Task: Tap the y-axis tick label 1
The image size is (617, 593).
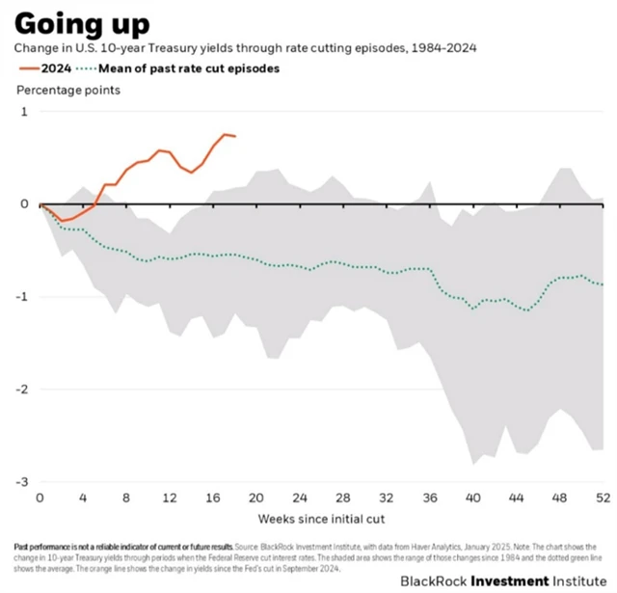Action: tap(24, 112)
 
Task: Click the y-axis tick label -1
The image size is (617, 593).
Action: tap(21, 296)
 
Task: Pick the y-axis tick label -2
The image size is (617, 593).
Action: tap(21, 389)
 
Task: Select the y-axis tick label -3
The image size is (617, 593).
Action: tap(21, 481)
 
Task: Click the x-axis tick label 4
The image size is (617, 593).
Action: tap(83, 499)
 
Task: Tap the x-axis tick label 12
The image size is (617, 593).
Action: tap(169, 499)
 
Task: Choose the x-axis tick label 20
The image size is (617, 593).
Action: tap(255, 499)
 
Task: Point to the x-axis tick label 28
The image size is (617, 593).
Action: tap(342, 499)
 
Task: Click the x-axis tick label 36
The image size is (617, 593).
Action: tap(429, 499)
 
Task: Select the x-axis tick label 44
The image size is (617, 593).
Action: tap(516, 499)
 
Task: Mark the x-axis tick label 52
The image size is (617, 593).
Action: tap(602, 499)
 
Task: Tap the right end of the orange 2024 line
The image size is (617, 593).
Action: tap(235, 136)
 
